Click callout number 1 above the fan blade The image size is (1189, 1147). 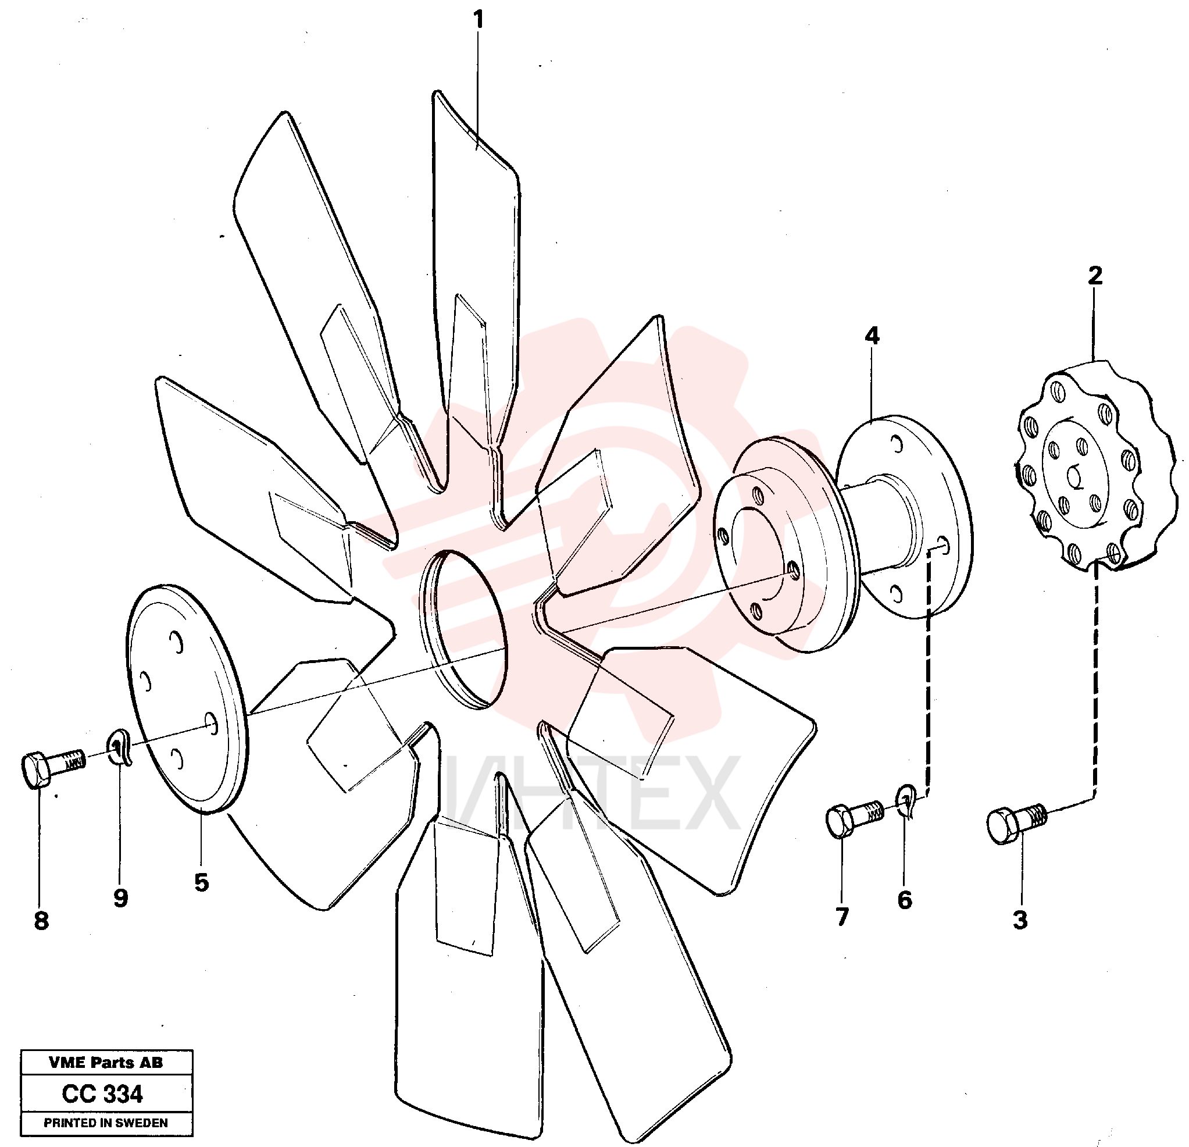pos(479,20)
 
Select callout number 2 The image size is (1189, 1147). pos(1095,276)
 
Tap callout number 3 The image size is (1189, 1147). pos(1020,920)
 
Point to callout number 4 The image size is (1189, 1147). pos(872,336)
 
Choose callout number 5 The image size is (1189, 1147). pos(201,882)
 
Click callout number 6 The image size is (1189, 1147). pos(905,900)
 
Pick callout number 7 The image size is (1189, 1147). pos(842,917)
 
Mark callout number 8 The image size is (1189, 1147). pos(41,921)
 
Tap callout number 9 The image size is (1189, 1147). pos(121,898)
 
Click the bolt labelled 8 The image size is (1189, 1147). pos(53,766)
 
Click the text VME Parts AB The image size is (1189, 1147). pos(106,1062)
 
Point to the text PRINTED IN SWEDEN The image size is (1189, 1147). pos(106,1123)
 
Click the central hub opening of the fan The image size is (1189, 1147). pos(463,628)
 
